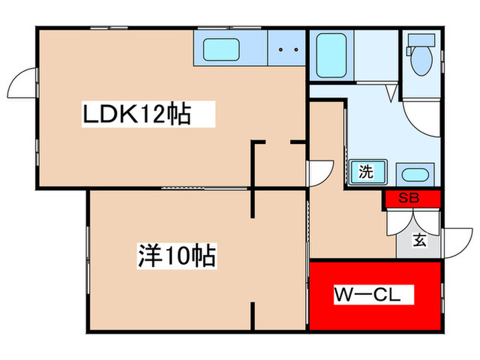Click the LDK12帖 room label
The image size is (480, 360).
click(136, 115)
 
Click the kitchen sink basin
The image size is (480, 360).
click(221, 50)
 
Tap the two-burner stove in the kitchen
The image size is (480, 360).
click(286, 49)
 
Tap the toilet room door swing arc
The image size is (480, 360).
click(418, 117)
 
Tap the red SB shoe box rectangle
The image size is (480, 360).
click(411, 198)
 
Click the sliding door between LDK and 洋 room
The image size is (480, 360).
click(206, 187)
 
